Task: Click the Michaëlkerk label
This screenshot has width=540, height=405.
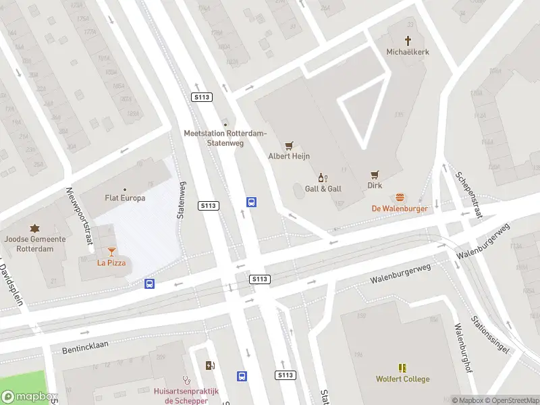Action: [408, 52]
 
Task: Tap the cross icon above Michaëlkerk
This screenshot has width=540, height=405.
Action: [408, 40]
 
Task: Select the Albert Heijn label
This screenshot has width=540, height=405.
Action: [289, 156]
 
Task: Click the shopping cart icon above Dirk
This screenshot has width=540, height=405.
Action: [375, 173]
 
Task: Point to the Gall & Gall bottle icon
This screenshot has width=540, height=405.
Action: [323, 178]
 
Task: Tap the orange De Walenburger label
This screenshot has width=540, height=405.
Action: [401, 209]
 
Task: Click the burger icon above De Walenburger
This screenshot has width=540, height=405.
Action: [401, 198]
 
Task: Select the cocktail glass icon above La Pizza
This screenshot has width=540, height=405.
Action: [111, 251]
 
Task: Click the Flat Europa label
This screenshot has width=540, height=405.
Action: [124, 198]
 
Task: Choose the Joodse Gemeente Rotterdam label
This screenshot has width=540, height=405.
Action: [35, 243]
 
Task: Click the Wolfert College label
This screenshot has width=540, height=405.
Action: [402, 379]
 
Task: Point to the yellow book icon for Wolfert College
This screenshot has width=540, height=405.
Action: [402, 368]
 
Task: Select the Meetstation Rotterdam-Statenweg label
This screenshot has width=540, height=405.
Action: [225, 138]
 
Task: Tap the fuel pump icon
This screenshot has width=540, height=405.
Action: [211, 366]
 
